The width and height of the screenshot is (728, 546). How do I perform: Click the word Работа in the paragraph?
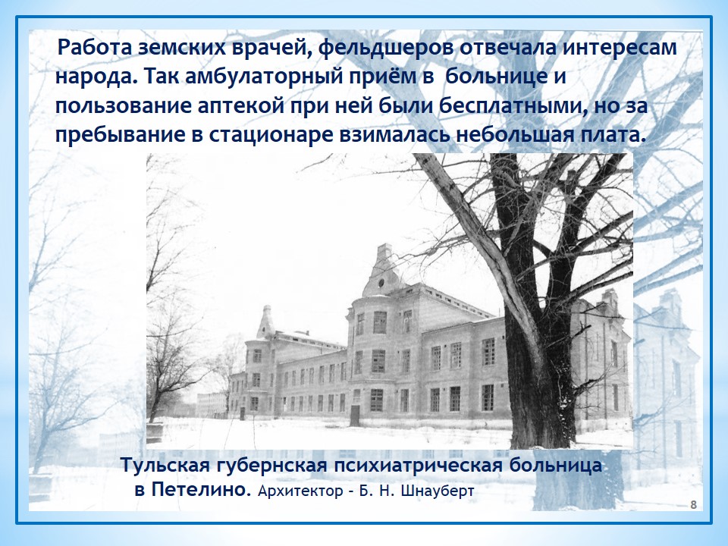[95, 48]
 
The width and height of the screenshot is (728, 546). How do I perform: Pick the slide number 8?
[694, 505]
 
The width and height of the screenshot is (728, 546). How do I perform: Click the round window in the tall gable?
[381, 282]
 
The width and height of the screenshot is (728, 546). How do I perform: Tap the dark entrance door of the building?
[355, 415]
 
